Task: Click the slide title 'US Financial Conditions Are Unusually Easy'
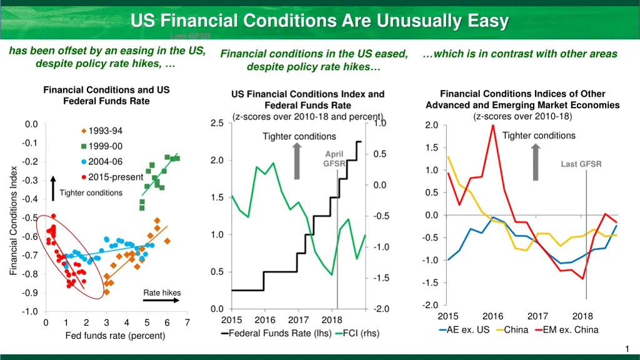320,21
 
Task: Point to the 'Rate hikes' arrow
162,300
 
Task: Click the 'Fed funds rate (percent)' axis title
116,336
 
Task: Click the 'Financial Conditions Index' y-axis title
13,220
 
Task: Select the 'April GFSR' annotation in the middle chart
334,159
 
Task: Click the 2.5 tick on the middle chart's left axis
217,123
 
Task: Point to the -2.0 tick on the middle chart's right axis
381,309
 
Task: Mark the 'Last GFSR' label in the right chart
581,164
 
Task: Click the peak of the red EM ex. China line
492,125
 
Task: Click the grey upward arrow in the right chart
536,162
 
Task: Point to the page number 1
627,348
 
